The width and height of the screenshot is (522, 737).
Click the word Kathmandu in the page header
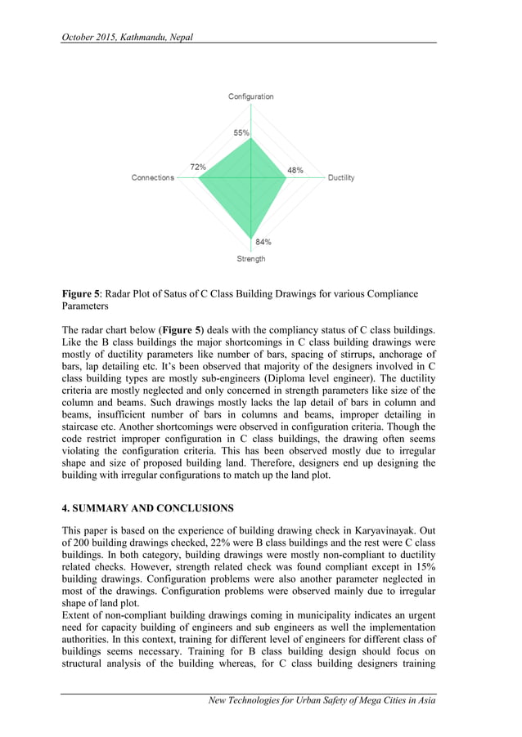coord(144,38)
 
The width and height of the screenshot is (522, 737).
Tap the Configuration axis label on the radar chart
coord(250,97)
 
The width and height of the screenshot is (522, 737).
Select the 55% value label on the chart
coord(241,132)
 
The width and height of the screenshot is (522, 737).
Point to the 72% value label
coord(198,167)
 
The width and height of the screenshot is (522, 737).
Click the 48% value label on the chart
coord(295,170)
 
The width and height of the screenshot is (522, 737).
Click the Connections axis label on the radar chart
coord(153,178)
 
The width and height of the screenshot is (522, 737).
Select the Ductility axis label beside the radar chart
coord(341,178)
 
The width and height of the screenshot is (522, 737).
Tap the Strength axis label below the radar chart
coord(250,259)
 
